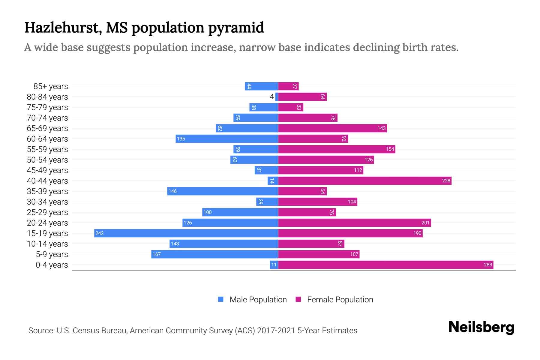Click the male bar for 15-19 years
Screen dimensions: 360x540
click(186, 233)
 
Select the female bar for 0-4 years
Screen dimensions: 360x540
click(385, 265)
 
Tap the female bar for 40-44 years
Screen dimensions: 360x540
click(364, 181)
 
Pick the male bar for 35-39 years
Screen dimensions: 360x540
click(223, 191)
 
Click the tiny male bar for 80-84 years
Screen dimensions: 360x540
click(277, 97)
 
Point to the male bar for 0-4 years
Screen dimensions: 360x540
click(274, 265)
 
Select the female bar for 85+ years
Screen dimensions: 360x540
click(288, 86)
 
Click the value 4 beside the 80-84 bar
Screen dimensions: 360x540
click(272, 97)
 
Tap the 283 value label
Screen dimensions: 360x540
click(488, 265)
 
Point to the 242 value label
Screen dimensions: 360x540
click(100, 233)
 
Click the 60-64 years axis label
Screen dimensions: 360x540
click(47, 139)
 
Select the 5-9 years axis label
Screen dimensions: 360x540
click(52, 254)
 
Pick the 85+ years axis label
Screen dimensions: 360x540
click(51, 86)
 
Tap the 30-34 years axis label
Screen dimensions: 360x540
click(47, 202)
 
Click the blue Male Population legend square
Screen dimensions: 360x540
click(221, 299)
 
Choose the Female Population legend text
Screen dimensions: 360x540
click(340, 300)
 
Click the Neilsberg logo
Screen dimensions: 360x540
click(481, 327)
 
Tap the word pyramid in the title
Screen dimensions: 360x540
click(236, 28)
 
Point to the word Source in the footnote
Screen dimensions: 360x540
click(41, 331)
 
